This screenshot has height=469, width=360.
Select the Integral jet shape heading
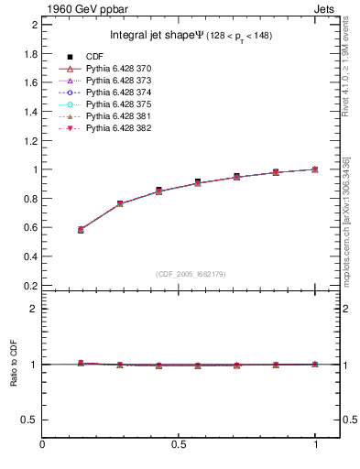(190, 36)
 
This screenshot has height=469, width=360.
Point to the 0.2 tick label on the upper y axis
(30, 286)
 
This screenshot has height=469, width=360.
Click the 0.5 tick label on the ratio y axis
(30, 420)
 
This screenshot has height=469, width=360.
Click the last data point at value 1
(315, 169)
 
